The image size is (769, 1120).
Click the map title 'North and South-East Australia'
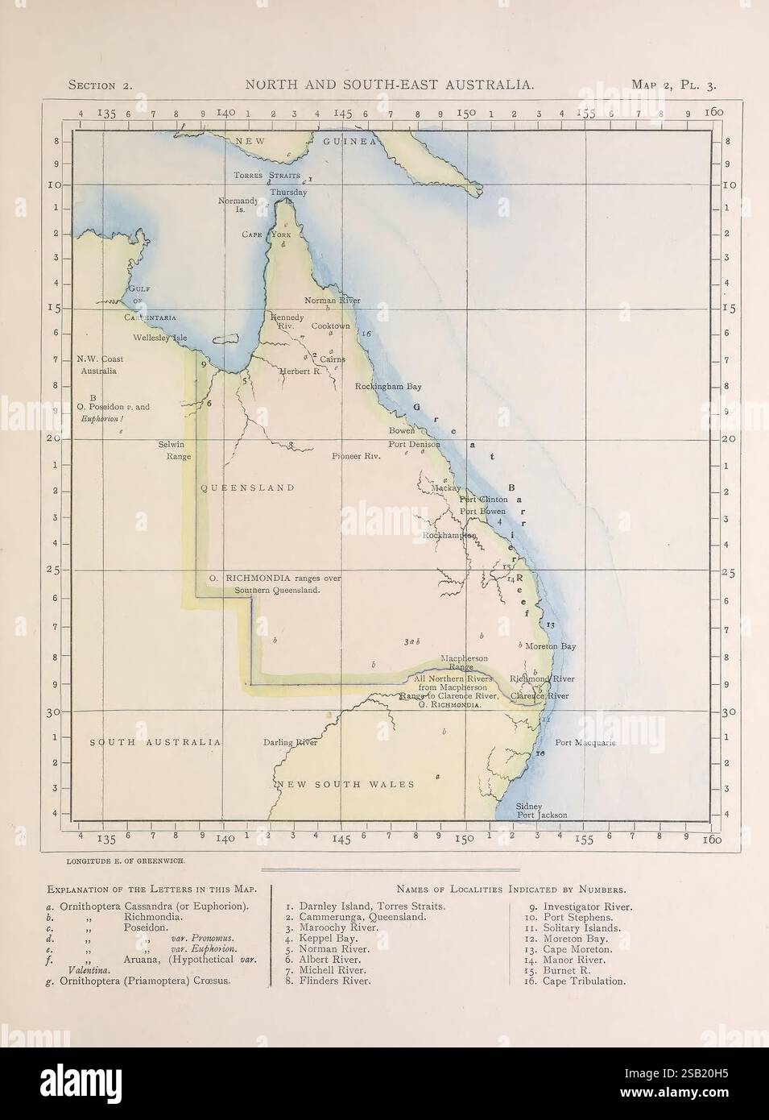tap(387, 84)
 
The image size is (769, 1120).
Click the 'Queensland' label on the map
tap(247, 488)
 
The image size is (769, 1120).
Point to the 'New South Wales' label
tap(346, 784)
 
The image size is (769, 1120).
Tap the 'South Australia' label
tap(155, 742)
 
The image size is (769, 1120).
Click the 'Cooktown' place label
tap(331, 326)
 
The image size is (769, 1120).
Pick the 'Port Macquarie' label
tap(585, 743)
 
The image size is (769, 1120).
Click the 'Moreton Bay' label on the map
tap(551, 646)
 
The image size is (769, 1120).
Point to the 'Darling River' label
tap(291, 743)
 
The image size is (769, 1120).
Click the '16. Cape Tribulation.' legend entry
tap(577, 981)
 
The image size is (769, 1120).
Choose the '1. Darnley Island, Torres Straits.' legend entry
tap(365, 906)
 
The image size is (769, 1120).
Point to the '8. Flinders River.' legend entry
tap(328, 981)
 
